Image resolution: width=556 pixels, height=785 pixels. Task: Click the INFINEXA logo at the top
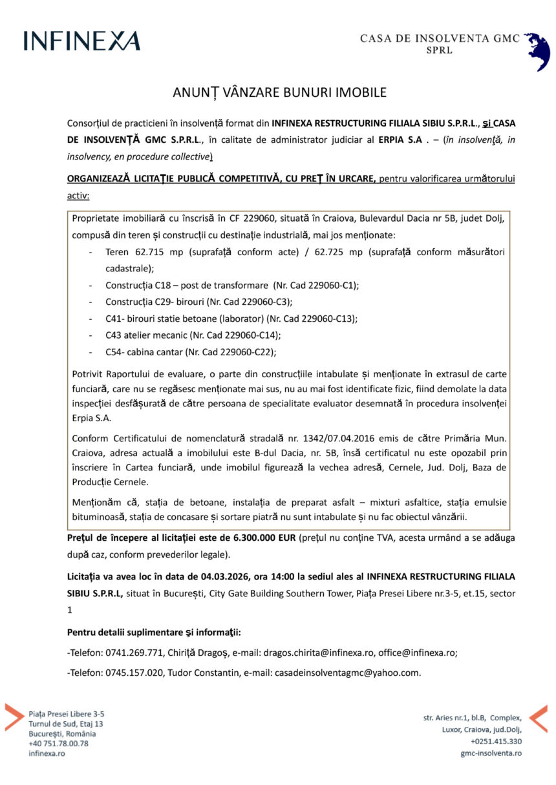(81, 41)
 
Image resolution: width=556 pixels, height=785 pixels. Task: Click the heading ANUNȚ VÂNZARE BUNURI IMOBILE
(279, 92)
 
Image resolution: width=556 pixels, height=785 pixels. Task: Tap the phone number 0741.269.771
(134, 653)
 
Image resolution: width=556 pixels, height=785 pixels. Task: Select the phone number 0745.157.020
(134, 673)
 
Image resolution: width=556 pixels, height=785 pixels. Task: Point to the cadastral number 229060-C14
(248, 335)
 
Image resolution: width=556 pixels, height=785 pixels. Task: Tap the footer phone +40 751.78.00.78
(58, 743)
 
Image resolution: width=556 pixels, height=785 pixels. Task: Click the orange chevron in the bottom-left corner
(14, 717)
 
